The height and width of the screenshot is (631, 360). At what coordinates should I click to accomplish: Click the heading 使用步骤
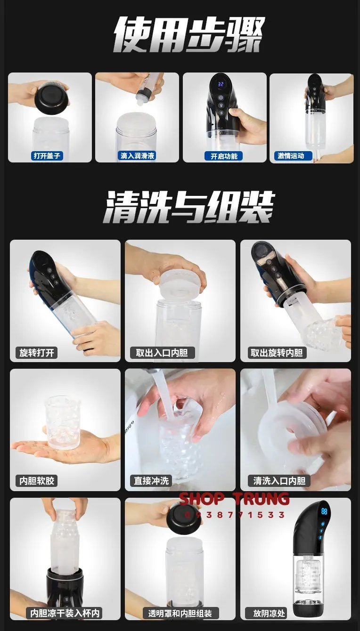coord(188,35)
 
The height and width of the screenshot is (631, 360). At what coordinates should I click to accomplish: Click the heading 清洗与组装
coord(189,207)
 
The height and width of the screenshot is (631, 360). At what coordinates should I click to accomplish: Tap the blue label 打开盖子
coord(47,155)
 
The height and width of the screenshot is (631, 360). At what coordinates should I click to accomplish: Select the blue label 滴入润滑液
coord(137,155)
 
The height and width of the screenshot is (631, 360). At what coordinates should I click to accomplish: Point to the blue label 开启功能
coord(224,156)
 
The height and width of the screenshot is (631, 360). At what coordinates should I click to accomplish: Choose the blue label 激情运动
coord(293,155)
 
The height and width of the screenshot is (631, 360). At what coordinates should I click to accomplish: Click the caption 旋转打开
coord(37,352)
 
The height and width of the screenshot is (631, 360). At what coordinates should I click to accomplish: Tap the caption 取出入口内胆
coord(162,352)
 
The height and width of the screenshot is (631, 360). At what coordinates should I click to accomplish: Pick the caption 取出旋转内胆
coord(277,352)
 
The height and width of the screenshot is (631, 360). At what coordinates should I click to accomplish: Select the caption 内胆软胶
coord(37,481)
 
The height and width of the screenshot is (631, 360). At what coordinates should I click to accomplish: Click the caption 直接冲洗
coord(151,481)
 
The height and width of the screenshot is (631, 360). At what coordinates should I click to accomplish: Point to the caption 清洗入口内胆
coord(279,481)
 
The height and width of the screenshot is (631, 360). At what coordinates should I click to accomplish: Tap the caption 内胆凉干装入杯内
coord(65,613)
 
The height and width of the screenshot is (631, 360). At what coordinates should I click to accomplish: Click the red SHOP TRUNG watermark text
coord(234,499)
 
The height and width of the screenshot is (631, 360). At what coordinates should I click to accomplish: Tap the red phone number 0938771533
coord(234,515)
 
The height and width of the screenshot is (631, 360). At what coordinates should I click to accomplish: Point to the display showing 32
coord(221,84)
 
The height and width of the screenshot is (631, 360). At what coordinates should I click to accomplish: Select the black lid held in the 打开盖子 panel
coord(52,97)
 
